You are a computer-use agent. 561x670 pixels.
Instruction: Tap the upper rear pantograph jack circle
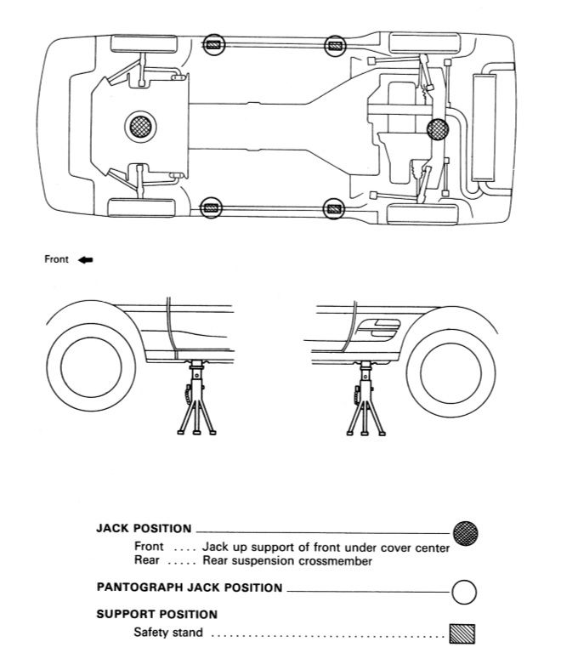tap(335, 45)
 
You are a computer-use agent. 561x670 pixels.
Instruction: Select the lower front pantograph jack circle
tap(211, 207)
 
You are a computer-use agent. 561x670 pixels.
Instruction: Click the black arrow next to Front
tap(85, 260)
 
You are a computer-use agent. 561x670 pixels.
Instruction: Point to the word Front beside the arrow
tap(56, 260)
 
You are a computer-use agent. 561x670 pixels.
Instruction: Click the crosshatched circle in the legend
tap(466, 533)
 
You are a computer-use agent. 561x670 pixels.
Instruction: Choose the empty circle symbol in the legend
tap(463, 591)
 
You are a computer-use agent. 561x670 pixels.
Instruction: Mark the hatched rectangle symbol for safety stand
tap(462, 633)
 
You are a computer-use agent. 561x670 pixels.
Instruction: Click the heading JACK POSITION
tap(144, 529)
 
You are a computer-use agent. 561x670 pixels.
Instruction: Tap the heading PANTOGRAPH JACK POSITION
tap(190, 588)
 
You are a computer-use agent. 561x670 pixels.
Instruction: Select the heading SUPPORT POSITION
tap(156, 614)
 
